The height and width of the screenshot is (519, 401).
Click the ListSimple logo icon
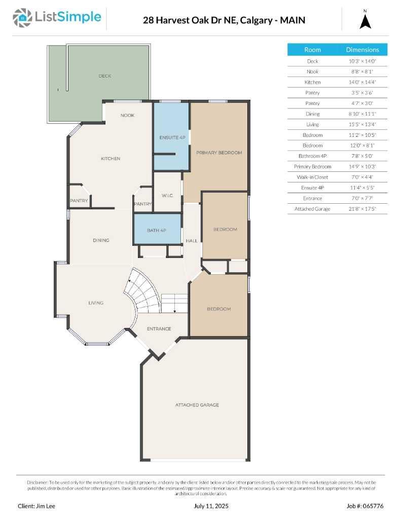coord(22,18)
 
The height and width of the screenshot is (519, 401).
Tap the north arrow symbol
coord(366,20)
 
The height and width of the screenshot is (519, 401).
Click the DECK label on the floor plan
coord(104,76)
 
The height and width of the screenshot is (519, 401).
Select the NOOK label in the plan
coord(127,116)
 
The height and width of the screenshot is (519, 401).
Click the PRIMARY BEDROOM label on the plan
coord(219,153)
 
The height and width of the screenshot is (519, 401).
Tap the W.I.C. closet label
coord(168,195)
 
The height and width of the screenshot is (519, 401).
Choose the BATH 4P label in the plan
coord(157,231)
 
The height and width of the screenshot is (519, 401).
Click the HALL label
coord(192,241)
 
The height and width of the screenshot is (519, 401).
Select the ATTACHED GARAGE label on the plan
coord(197,405)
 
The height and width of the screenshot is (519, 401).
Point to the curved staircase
coord(144,296)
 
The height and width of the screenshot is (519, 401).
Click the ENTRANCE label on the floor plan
coord(159,329)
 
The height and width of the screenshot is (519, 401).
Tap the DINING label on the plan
coord(101,240)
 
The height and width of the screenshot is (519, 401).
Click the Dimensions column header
coord(362,50)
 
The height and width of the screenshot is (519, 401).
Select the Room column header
coord(312,50)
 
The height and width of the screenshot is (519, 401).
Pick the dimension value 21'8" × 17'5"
coord(362,209)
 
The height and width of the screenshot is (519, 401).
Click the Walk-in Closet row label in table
coord(312,177)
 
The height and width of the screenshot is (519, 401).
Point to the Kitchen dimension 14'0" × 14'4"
coord(362,82)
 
